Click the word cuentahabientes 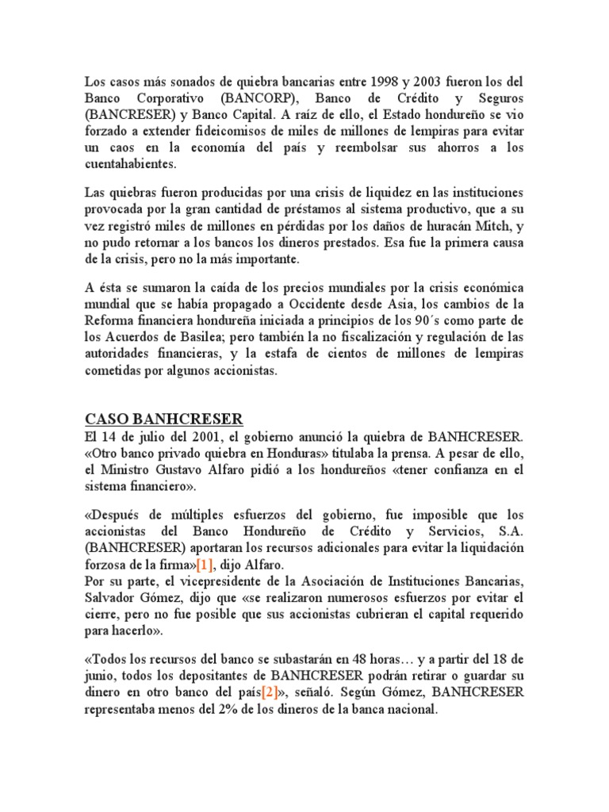point(132,164)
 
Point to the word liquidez point(371,194)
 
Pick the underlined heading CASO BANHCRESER point(163,419)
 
